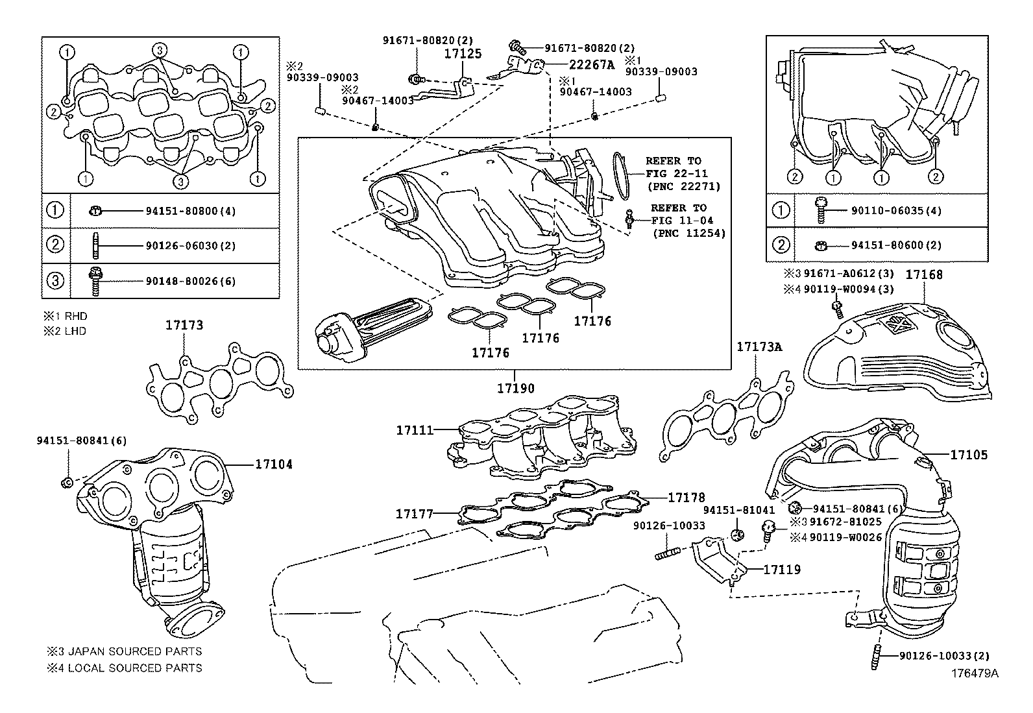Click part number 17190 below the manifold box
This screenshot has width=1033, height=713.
point(516,389)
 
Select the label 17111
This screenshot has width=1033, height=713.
point(415,429)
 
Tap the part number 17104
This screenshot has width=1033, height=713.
point(273,465)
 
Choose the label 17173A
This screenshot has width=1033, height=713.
point(759,347)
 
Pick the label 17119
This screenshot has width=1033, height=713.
point(782,570)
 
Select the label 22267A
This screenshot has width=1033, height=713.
point(591,64)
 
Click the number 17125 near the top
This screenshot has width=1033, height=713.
point(463,54)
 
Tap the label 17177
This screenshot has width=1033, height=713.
point(414,514)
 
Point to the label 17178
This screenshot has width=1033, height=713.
point(687,498)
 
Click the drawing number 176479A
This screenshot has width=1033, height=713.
point(975,673)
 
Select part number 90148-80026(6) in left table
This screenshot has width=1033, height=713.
point(190,281)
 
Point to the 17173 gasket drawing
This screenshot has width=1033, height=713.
point(217,387)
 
